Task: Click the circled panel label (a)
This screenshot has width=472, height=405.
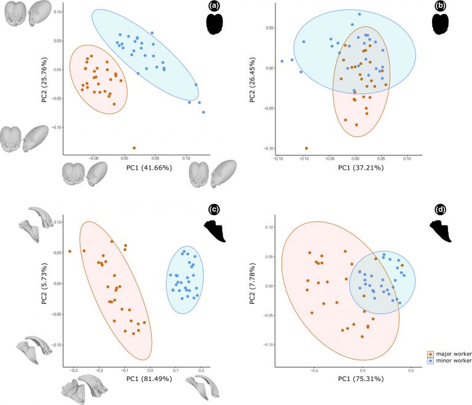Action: tap(214, 7)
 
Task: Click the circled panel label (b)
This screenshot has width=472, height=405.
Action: tap(440, 7)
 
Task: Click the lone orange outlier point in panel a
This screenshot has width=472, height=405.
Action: tap(134, 147)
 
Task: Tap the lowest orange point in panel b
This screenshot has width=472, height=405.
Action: tap(306, 148)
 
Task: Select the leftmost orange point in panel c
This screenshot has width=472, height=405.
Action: tap(70, 251)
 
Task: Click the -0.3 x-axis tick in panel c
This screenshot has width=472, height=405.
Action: tap(73, 371)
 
